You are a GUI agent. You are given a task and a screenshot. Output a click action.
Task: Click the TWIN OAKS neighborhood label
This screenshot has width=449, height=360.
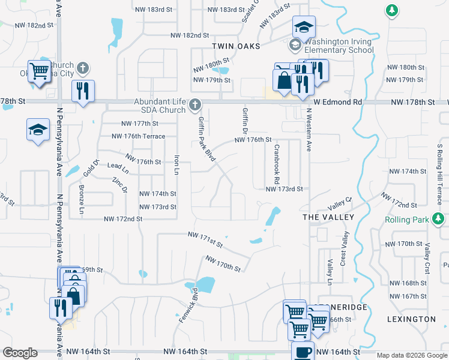(235, 46)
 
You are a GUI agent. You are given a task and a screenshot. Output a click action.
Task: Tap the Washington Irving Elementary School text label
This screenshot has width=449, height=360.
(339, 46)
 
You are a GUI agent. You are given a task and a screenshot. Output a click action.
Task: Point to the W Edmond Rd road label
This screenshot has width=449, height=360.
(337, 103)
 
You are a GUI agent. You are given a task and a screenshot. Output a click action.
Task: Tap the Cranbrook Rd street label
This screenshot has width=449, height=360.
(277, 164)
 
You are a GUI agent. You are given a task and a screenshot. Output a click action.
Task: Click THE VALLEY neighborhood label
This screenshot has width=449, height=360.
(328, 217)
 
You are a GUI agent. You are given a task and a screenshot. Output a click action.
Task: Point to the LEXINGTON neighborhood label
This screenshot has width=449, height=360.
(411, 319)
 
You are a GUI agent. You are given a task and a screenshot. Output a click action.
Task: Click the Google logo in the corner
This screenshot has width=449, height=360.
(20, 352)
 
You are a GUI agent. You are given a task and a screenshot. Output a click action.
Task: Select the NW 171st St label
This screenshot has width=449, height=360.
(205, 240)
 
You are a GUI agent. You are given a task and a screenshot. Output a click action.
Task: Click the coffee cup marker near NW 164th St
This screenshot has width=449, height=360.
(303, 352)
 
